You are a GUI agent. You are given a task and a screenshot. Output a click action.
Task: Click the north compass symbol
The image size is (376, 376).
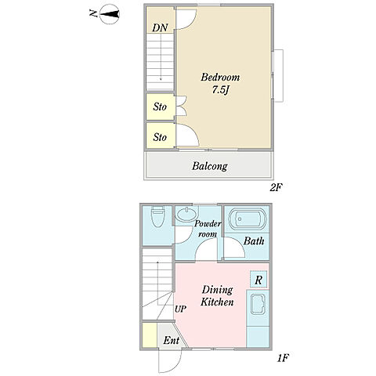(107, 13)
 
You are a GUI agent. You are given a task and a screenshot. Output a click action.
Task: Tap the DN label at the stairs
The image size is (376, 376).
(160, 27)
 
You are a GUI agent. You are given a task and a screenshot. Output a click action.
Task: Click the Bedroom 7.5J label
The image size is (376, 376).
(220, 83)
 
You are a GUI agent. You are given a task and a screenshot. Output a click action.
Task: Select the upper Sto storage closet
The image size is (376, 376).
(160, 107)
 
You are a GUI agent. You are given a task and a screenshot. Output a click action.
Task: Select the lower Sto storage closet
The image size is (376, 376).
(160, 136)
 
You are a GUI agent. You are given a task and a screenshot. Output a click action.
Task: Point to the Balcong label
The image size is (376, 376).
(210, 166)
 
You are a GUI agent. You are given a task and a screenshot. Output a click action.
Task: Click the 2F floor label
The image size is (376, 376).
(277, 187)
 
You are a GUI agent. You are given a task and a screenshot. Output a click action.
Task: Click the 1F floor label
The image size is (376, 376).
(283, 358)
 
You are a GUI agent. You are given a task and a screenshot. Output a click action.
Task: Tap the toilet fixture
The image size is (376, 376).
(157, 216)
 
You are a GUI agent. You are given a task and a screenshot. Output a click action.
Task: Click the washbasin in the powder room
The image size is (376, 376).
(186, 215)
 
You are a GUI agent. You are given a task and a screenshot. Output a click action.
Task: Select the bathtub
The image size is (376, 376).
(248, 219)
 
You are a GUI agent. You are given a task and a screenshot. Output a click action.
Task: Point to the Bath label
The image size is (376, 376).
(254, 241)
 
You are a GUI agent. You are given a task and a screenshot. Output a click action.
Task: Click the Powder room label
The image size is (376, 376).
(208, 229)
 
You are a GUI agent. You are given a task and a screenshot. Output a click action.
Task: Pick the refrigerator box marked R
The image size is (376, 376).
(258, 280)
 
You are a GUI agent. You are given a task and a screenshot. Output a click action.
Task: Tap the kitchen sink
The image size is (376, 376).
(258, 304)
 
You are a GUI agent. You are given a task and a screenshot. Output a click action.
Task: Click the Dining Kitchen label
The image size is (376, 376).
(217, 296)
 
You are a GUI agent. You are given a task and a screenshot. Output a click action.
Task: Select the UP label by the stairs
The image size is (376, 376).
(180, 309)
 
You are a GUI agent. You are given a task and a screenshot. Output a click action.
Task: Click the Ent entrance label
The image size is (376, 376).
(172, 340)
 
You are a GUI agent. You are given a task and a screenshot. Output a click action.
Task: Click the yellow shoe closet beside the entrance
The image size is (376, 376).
(150, 335)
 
